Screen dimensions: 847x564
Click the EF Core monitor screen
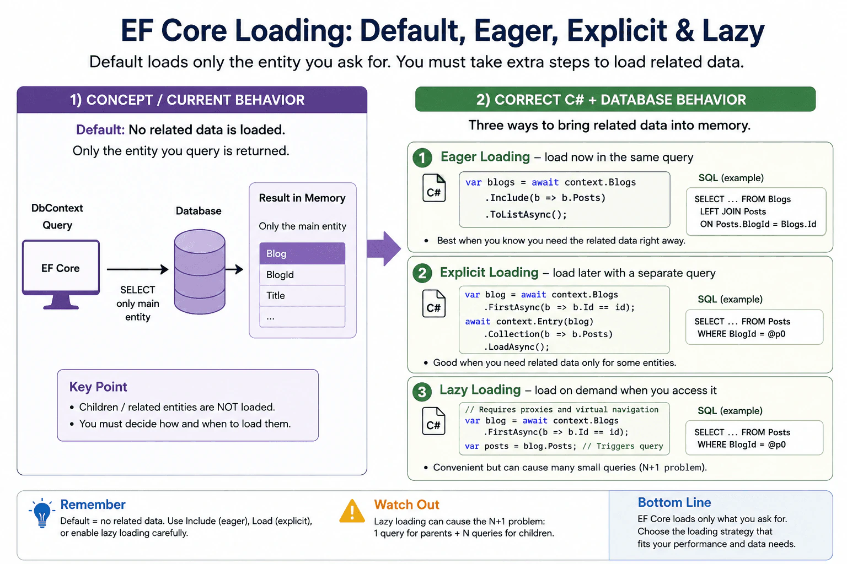pos(61,268)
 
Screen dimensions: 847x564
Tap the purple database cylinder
pos(200,272)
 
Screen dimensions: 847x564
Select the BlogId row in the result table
pos(302,275)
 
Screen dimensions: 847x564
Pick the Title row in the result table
pos(302,295)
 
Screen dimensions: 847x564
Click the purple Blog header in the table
pos(302,253)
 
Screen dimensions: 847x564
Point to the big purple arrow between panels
pos(384,248)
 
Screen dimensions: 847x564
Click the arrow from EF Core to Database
pos(138,269)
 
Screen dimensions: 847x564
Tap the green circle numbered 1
pos(422,158)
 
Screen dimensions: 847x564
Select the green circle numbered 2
pos(422,273)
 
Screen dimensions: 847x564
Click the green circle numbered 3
pos(422,392)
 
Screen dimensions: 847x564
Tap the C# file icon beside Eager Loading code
pos(434,188)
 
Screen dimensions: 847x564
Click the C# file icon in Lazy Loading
pos(434,421)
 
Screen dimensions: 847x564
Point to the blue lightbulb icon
pos(42,513)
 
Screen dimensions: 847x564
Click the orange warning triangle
pos(352,512)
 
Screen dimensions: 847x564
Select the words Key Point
pos(98,387)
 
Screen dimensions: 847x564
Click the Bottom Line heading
pos(674,502)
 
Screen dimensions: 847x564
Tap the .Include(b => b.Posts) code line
pos(545,198)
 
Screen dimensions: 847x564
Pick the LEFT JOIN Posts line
pos(733,211)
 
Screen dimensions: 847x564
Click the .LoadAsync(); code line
pos(517,347)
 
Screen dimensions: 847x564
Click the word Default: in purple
pos(100,129)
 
